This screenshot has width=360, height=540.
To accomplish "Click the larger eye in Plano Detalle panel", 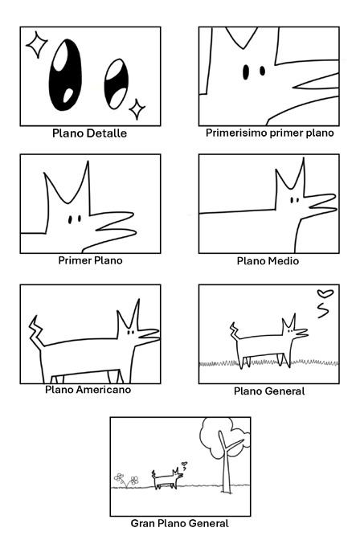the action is [x=65, y=75].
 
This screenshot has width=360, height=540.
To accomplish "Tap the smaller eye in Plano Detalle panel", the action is [x=116, y=84].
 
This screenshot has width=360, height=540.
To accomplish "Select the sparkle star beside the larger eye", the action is [x=36, y=44].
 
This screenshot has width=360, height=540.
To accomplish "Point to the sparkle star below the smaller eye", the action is [x=137, y=109].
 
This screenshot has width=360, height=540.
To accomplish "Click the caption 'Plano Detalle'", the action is [x=89, y=133].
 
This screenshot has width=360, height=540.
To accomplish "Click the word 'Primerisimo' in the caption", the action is [x=236, y=133].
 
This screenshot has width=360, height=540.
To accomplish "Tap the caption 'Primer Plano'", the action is [x=90, y=260].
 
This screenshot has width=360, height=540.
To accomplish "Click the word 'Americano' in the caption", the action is [x=104, y=390].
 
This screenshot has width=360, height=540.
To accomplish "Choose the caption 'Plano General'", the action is [x=269, y=391].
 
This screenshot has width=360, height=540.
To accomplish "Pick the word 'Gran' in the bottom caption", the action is [x=141, y=523].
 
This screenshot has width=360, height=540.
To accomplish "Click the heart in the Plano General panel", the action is [x=325, y=293].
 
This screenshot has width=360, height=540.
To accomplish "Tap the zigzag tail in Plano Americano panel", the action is [x=36, y=331].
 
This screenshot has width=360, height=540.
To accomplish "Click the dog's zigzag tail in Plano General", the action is [x=235, y=331].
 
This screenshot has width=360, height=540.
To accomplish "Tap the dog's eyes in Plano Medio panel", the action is [x=294, y=200].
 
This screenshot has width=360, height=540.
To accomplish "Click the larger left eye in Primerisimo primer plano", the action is [x=246, y=72].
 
